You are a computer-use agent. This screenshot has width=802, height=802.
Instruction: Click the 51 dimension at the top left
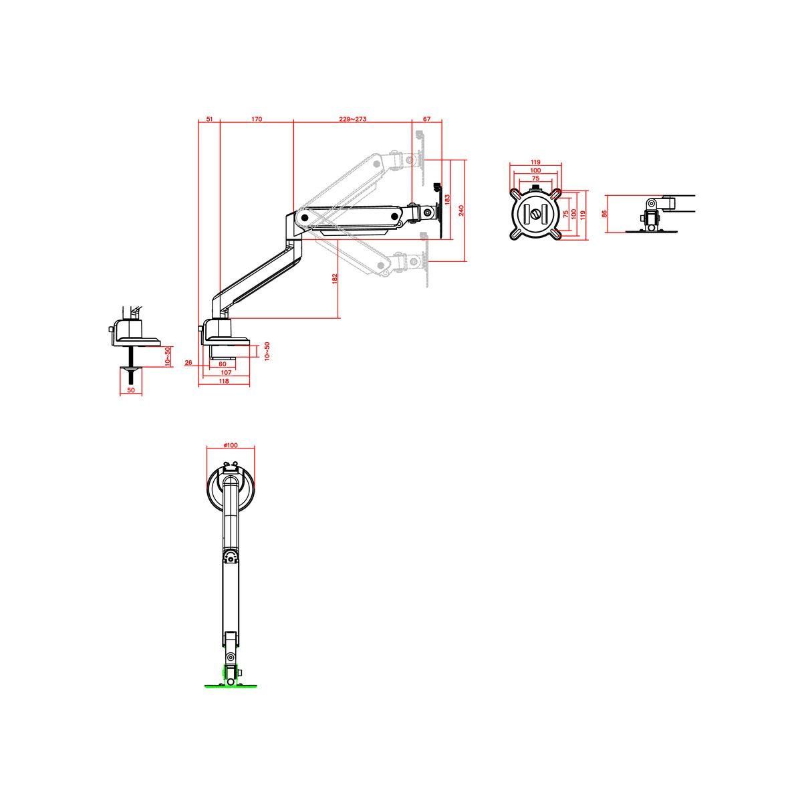pyautogui.click(x=209, y=119)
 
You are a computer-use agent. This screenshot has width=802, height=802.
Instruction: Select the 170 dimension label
pyautogui.click(x=257, y=119)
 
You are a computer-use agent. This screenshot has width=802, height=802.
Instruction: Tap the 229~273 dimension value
pyautogui.click(x=352, y=119)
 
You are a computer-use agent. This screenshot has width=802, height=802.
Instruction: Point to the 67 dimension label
pyautogui.click(x=427, y=119)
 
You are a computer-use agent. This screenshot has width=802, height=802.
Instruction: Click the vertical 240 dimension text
pyautogui.click(x=461, y=211)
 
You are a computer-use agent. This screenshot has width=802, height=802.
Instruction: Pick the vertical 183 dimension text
pyautogui.click(x=447, y=199)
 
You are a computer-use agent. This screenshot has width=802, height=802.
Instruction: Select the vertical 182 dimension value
pyautogui.click(x=335, y=279)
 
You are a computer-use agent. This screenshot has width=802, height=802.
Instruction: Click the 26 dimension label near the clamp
pyautogui.click(x=188, y=363)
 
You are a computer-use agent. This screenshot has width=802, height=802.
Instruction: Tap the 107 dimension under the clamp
pyautogui.click(x=226, y=372)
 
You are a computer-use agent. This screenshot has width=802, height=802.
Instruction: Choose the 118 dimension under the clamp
pyautogui.click(x=224, y=381)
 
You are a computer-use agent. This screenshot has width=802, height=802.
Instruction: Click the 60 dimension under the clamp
pyautogui.click(x=223, y=364)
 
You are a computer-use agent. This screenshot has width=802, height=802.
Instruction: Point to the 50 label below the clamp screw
pyautogui.click(x=131, y=390)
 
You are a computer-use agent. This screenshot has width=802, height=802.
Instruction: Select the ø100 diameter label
pyautogui.click(x=231, y=446)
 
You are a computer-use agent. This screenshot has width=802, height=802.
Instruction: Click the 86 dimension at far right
pyautogui.click(x=604, y=214)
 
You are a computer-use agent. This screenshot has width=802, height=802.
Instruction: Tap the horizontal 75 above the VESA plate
pyautogui.click(x=535, y=178)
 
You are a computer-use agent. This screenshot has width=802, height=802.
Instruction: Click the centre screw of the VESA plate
pyautogui.click(x=535, y=214)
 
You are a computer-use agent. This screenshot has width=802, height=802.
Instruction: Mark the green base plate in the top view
pyautogui.click(x=231, y=685)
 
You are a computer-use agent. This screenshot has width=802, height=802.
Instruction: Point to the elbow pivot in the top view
pyautogui.click(x=231, y=556)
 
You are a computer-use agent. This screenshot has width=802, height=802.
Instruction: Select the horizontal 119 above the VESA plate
pyautogui.click(x=535, y=162)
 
